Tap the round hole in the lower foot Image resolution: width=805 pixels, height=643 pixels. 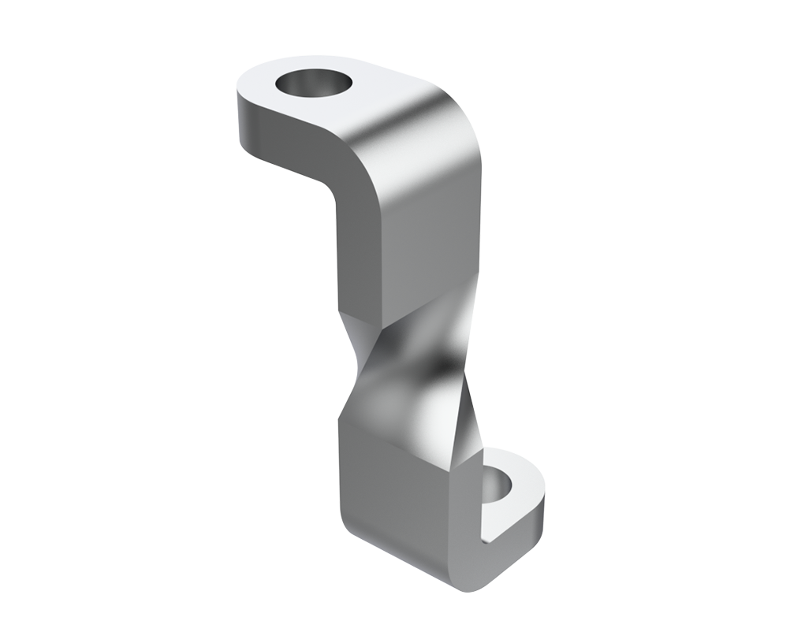(x=498, y=487)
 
